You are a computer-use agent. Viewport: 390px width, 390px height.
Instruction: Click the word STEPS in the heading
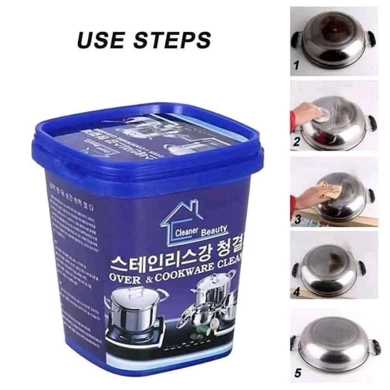point(176,39)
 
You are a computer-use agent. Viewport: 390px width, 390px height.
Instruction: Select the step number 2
point(296,143)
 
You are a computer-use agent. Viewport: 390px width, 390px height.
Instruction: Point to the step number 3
point(297,219)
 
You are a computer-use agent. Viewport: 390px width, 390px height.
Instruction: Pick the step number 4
point(296,293)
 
